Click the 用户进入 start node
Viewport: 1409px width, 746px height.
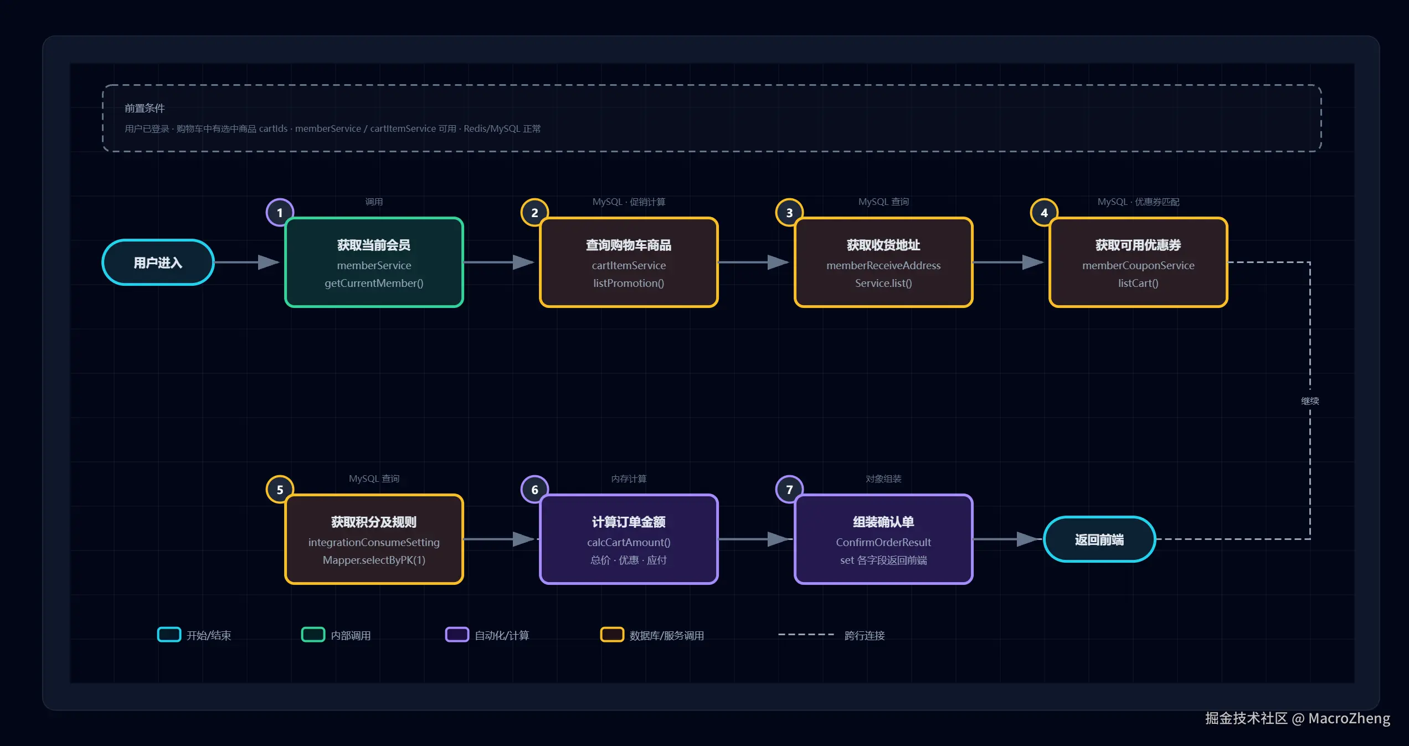158,262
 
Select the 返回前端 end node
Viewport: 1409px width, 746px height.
1099,539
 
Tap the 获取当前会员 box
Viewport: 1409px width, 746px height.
374,262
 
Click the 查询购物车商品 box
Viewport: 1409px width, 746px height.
629,262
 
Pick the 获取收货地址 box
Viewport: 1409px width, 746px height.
883,262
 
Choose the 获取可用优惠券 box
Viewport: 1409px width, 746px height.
1138,262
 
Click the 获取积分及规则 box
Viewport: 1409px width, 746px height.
374,539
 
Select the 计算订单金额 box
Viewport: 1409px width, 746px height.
629,539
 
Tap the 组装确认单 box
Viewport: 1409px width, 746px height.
883,539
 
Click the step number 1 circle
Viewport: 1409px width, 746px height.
280,213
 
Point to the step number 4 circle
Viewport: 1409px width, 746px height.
1044,213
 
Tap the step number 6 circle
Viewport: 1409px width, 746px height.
534,490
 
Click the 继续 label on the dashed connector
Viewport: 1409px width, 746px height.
1310,401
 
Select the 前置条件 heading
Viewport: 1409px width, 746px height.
145,108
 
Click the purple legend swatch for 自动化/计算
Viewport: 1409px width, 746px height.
457,635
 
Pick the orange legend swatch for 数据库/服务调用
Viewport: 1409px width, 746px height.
612,635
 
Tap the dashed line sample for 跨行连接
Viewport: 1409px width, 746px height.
806,635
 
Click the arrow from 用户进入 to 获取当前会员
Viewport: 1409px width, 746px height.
247,262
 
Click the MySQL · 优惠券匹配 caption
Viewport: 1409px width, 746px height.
1138,202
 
